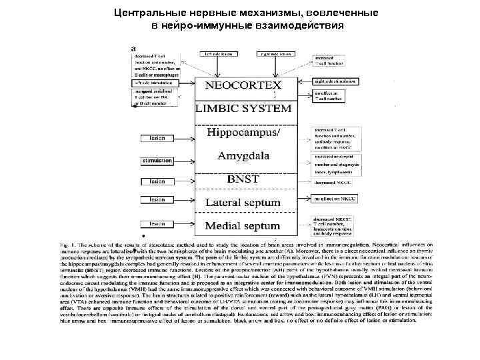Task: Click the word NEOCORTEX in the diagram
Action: (244, 85)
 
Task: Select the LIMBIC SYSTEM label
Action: (244, 108)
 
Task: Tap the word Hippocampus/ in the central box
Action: (244, 133)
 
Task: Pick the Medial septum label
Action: (244, 224)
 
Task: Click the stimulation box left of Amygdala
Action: (157, 161)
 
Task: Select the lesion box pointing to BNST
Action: (157, 181)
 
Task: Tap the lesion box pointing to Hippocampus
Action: (157, 138)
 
